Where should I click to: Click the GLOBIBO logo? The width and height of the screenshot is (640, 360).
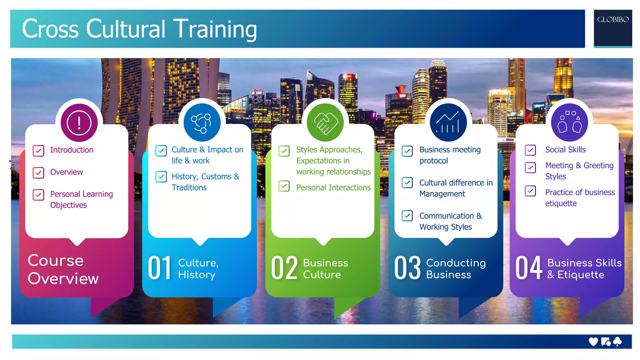click(612, 20)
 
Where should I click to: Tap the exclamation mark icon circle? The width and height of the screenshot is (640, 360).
click(79, 122)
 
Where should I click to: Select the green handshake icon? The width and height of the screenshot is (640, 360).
click(325, 122)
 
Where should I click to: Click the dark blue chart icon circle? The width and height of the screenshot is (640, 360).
click(448, 122)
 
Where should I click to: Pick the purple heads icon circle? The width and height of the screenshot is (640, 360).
click(569, 122)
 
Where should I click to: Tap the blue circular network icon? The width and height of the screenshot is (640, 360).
click(202, 122)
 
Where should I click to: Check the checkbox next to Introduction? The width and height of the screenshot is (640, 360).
click(38, 151)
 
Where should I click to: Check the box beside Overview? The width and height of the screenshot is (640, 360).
click(38, 172)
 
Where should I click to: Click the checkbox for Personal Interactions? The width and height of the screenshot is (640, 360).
click(284, 186)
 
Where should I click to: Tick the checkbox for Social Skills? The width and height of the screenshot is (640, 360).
click(530, 150)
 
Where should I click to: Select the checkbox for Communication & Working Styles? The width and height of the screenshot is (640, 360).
click(407, 216)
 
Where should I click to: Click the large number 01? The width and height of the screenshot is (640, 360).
click(160, 268)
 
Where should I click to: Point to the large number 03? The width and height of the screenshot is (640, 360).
click(407, 268)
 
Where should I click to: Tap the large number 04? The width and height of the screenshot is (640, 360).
click(529, 268)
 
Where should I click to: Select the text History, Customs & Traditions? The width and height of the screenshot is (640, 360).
click(205, 182)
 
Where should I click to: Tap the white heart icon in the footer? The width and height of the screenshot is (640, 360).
click(593, 342)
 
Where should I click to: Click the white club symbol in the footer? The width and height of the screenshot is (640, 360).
click(617, 342)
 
